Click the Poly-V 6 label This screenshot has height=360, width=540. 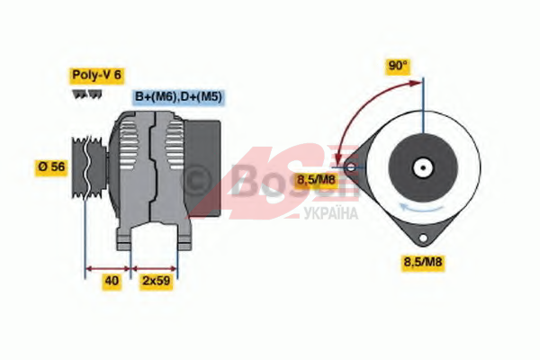(97, 75)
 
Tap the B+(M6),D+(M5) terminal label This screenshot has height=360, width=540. (178, 97)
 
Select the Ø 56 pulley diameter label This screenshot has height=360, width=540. (51, 167)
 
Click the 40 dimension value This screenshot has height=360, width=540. (112, 281)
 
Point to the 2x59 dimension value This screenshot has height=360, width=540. (157, 281)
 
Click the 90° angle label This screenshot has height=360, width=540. (398, 66)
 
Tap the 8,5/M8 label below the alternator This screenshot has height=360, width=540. (423, 262)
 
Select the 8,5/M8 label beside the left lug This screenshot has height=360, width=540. (316, 179)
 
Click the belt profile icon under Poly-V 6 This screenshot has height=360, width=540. (87, 94)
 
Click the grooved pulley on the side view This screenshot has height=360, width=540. (89, 167)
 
